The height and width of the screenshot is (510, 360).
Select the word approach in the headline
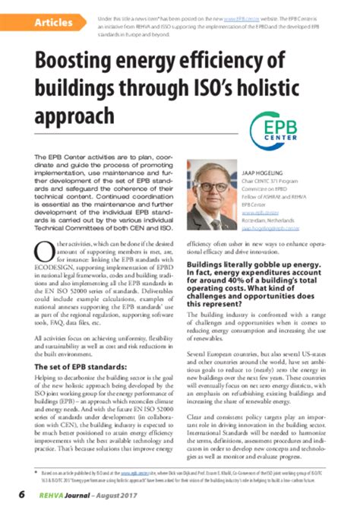(x=75, y=115)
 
